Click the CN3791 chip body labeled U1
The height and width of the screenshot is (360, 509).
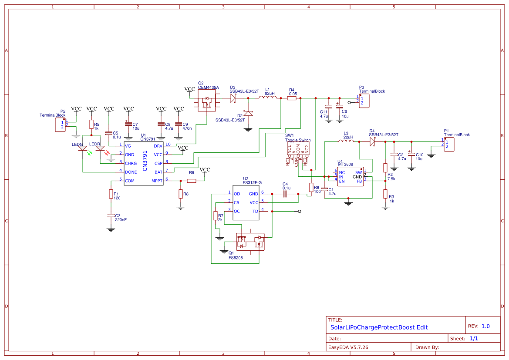coord(143,163)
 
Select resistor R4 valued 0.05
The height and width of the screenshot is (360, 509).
coord(292,98)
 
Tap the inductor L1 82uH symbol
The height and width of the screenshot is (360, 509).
coord(270,98)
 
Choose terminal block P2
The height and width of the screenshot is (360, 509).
coord(60,125)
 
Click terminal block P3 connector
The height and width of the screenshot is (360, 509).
coord(364,101)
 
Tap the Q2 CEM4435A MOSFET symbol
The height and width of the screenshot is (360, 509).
coord(206,103)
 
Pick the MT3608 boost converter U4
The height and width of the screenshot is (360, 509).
coord(351,176)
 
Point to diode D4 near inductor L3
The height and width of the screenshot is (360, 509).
coord(372,141)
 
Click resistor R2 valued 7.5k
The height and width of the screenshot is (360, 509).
coord(385,168)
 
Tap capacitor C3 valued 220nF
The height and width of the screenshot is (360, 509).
coord(111,216)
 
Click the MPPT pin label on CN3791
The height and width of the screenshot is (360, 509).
coord(156,181)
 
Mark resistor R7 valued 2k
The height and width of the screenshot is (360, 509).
coord(215,216)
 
